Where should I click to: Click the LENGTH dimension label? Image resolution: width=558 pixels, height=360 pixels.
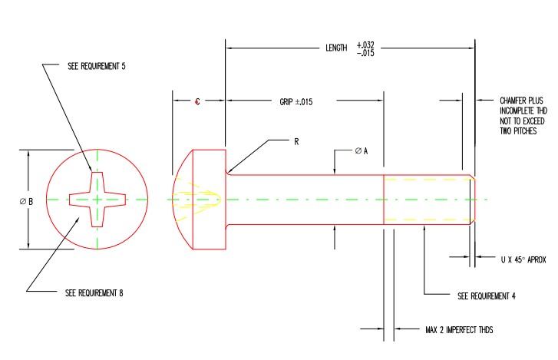pos(336,48)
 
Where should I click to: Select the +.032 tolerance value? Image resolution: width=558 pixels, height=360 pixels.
pos(365,45)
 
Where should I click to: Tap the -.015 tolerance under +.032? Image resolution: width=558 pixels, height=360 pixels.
pos(365,53)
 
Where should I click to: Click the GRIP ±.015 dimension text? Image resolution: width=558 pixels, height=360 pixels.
pos(296,102)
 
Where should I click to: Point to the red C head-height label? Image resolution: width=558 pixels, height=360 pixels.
pos(197,101)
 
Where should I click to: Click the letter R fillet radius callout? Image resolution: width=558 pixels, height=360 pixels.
pos(296,142)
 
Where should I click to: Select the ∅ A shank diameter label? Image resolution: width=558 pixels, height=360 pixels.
pos(362,150)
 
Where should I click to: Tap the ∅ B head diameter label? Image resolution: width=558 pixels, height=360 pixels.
pos(26,202)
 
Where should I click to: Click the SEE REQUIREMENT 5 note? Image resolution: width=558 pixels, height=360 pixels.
pos(97,66)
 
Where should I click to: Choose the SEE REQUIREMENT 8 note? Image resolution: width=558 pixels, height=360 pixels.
pos(94,292)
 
